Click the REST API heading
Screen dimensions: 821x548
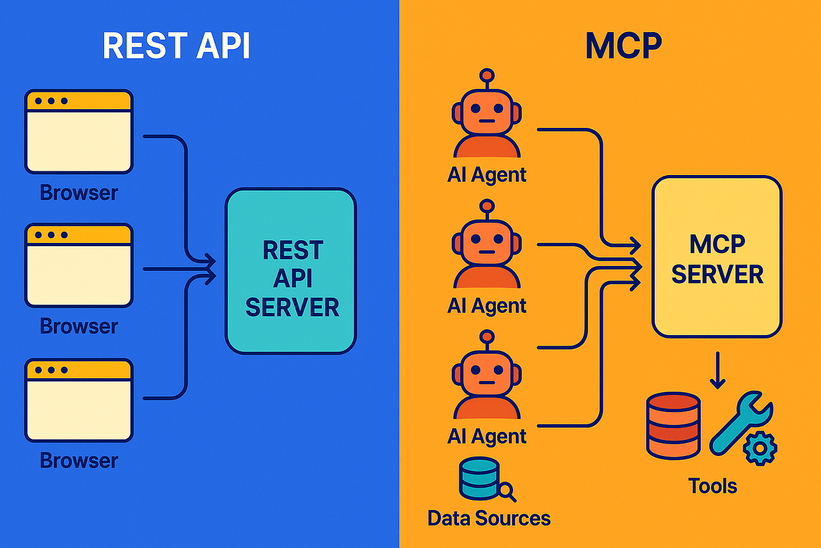click(x=176, y=45)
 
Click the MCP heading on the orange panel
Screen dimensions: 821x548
click(x=623, y=45)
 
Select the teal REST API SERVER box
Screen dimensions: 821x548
click(x=291, y=271)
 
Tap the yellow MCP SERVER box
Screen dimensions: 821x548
click(x=717, y=256)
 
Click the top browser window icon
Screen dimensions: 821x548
click(x=79, y=132)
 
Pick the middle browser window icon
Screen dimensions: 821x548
click(x=79, y=265)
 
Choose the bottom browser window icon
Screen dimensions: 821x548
click(x=79, y=400)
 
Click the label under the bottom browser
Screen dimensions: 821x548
click(x=79, y=460)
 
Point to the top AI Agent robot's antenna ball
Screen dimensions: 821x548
click(x=487, y=75)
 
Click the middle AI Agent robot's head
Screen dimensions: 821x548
click(x=487, y=242)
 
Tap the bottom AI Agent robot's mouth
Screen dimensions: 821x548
click(x=487, y=383)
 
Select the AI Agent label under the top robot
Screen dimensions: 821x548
click(x=487, y=174)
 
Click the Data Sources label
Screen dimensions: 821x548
click(x=489, y=518)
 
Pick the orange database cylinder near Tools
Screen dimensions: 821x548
click(x=673, y=426)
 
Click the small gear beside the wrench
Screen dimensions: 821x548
click(x=760, y=448)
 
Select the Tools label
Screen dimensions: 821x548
click(x=712, y=486)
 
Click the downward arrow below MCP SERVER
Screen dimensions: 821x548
click(x=717, y=370)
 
